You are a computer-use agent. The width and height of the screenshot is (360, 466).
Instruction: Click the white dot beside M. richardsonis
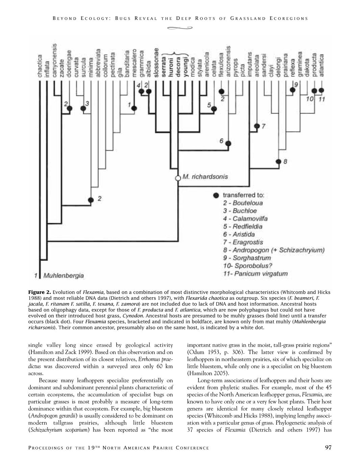tap(178, 178)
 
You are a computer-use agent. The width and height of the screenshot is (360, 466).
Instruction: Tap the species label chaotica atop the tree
tap(40, 67)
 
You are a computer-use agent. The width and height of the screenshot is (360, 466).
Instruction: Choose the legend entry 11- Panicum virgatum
tap(256, 274)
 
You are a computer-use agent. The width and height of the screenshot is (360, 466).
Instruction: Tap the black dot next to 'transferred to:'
tap(216, 196)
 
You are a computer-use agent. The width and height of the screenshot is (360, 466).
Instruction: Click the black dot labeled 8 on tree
tap(279, 162)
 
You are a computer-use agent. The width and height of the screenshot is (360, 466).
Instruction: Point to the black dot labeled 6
tap(228, 143)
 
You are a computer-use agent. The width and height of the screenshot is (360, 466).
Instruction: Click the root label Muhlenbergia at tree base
tap(64, 276)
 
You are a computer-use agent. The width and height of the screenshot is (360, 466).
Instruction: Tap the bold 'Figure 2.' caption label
tap(40, 292)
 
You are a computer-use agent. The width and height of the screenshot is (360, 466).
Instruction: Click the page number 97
tap(328, 448)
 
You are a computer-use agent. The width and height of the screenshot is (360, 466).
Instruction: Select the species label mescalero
tap(134, 64)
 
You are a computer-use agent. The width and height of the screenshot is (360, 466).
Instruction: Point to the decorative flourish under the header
tap(180, 28)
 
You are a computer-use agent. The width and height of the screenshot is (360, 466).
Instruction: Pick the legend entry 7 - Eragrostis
tap(243, 242)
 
